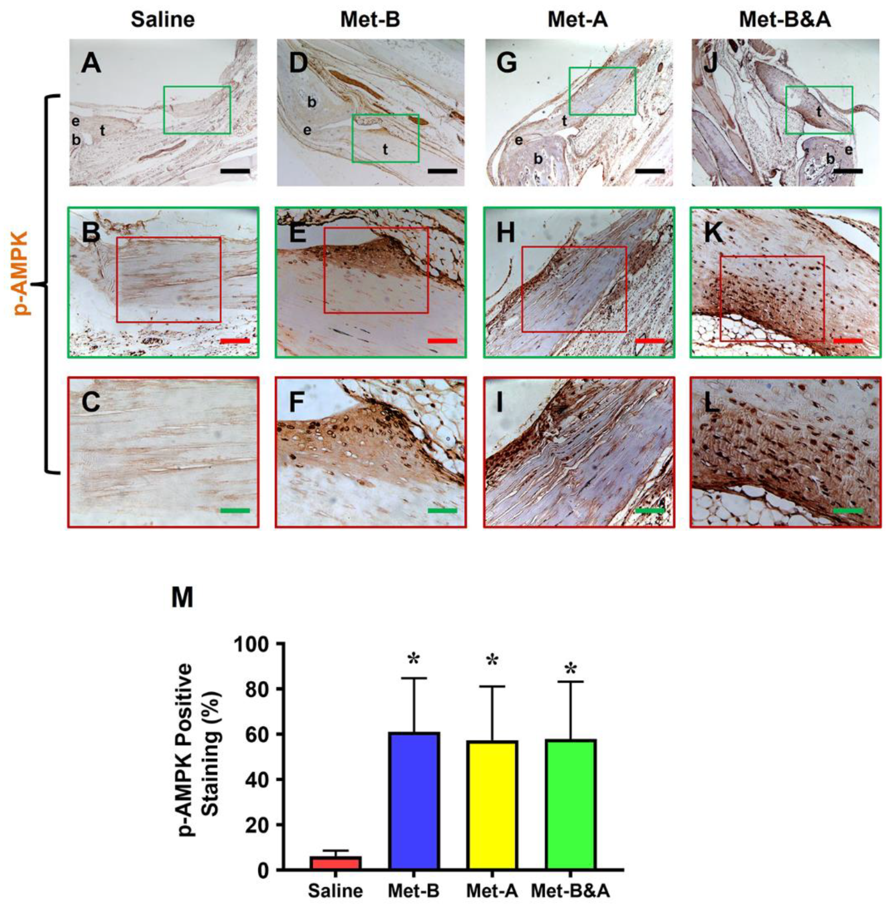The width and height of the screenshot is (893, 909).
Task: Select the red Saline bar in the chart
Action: [x=335, y=863]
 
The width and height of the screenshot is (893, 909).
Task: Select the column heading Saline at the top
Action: [x=163, y=20]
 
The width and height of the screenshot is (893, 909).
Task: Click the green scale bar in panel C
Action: [x=235, y=510]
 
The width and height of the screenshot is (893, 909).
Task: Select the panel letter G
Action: [x=507, y=63]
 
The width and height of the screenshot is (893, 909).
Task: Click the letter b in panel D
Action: [x=311, y=102]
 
